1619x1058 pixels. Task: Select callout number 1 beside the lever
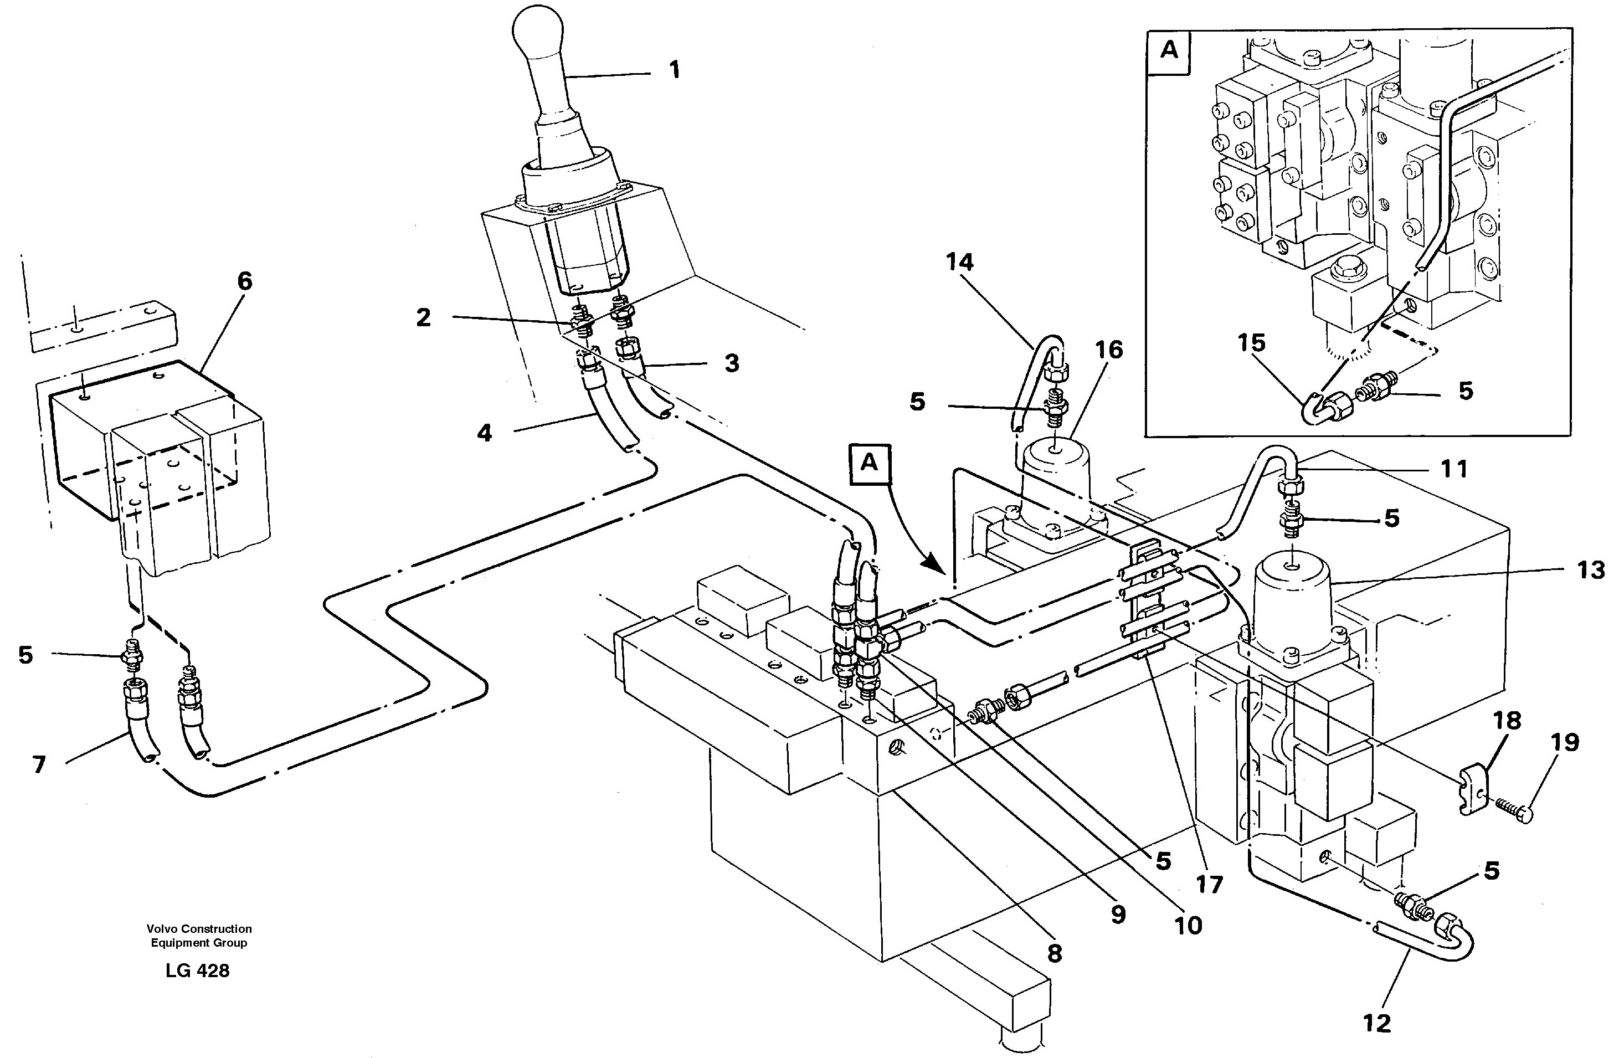coord(674,70)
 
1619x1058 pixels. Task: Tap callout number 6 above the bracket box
coord(245,281)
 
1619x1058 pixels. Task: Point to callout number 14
coord(959,262)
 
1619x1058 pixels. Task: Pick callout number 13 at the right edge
coord(1590,569)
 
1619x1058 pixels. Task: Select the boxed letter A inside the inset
coord(1169,51)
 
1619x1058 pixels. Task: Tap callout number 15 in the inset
coord(1250,343)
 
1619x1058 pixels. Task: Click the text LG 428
coord(197,971)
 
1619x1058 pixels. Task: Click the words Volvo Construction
coord(199,929)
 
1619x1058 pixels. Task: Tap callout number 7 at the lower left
coord(39,765)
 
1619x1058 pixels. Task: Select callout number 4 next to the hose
coord(484,433)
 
